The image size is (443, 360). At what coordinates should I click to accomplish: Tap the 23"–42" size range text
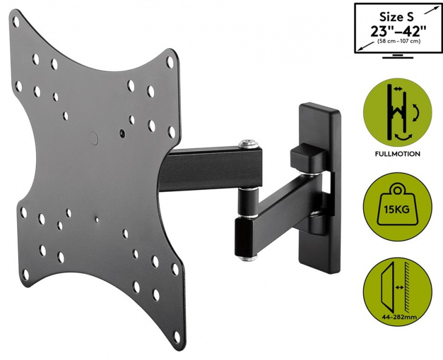397,31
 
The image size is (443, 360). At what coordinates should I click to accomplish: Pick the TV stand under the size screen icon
397,57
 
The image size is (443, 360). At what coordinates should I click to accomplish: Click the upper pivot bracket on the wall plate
307,159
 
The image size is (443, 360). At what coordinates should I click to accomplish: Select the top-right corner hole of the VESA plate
170,60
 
